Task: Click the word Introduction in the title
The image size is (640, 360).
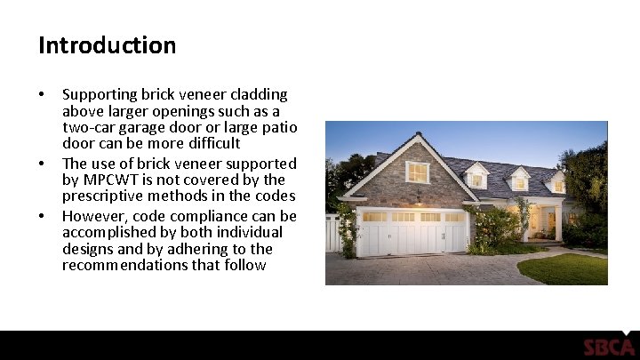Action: (107, 45)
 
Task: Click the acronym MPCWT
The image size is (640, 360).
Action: (112, 180)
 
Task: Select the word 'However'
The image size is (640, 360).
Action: (93, 216)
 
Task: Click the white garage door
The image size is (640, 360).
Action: (412, 233)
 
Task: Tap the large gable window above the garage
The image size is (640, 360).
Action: (417, 172)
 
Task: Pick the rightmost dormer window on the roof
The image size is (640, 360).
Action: (558, 185)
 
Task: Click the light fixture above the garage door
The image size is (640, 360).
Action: (417, 197)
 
